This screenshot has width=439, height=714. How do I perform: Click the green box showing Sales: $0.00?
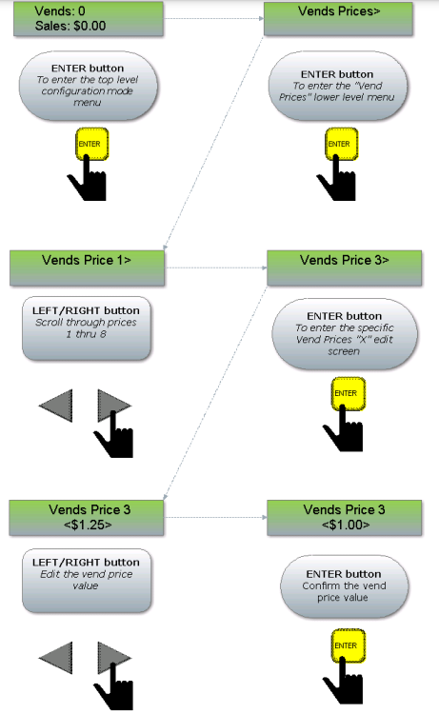coord(89,19)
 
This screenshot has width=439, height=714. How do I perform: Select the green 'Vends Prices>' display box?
coord(338,19)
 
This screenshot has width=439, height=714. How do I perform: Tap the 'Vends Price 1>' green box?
coord(87,268)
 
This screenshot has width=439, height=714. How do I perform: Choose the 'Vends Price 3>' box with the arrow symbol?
coord(345,268)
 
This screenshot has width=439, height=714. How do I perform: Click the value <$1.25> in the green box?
coord(88,525)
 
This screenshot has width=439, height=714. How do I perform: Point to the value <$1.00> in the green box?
coord(346,525)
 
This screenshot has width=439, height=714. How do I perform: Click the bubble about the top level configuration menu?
coord(89,86)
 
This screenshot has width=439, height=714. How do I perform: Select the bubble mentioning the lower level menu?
coord(337,86)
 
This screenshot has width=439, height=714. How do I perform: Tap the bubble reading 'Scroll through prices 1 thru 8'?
coord(87,328)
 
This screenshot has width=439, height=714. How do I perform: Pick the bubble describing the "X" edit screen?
coord(345,334)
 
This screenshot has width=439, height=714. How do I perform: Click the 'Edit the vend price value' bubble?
coord(87,581)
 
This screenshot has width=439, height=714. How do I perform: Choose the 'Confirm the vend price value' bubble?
coord(345,586)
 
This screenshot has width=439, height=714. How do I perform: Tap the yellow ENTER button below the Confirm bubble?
coord(348,645)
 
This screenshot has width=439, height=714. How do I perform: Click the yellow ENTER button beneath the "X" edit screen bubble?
coord(348,393)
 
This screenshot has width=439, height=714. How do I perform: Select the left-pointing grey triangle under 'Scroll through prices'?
coord(56,406)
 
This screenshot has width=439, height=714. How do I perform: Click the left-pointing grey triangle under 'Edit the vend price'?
coord(56,658)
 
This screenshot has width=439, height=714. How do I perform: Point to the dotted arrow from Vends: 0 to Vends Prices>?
coord(213,19)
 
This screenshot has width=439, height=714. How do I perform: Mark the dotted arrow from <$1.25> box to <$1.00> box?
coord(216,517)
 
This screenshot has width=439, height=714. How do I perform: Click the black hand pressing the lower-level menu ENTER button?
coord(337,179)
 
